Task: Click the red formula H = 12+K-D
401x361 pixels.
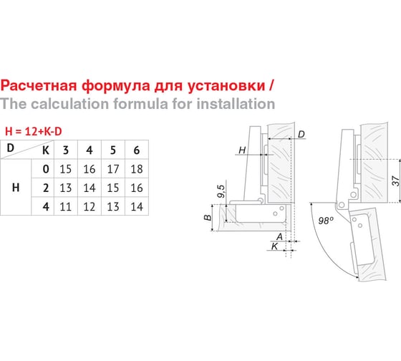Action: click(x=34, y=132)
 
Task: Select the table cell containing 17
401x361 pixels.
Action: click(x=113, y=169)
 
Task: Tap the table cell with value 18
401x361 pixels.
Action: click(x=137, y=169)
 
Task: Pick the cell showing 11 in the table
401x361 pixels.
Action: click(x=66, y=206)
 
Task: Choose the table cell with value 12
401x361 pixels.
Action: click(x=90, y=206)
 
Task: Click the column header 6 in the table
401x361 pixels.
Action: click(x=137, y=150)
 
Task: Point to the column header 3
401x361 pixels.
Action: click(x=66, y=150)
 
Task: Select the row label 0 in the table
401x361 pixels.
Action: click(x=46, y=169)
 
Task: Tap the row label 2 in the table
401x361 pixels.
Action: click(x=46, y=188)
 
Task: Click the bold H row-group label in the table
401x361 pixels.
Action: click(x=16, y=188)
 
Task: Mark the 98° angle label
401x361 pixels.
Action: click(x=326, y=221)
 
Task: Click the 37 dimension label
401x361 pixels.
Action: click(x=395, y=180)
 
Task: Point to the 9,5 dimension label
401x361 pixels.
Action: click(x=221, y=191)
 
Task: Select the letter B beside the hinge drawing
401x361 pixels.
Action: click(x=208, y=218)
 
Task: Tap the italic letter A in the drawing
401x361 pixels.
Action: click(x=280, y=236)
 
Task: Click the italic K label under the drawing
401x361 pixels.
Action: click(x=275, y=246)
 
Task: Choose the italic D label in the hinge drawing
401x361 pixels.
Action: click(x=301, y=134)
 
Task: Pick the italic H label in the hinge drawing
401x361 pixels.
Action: click(x=242, y=150)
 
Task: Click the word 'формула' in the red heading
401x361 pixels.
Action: click(x=116, y=85)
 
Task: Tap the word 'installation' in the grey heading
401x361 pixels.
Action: click(x=236, y=104)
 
